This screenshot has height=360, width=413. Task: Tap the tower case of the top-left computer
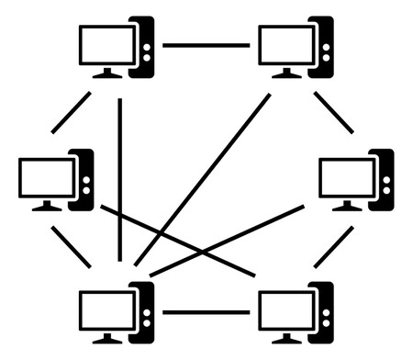(x=142, y=46)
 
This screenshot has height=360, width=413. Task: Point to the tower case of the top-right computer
(x=321, y=46)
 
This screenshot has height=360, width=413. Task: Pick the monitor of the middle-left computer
(x=46, y=178)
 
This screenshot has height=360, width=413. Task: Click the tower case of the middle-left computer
(x=82, y=178)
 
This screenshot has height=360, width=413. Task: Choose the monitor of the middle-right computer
(x=346, y=178)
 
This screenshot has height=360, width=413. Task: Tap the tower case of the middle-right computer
(x=382, y=178)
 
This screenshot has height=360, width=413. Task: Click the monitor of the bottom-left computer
(x=106, y=310)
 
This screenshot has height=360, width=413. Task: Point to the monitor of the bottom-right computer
(x=286, y=310)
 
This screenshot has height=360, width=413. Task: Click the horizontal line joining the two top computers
(x=206, y=45)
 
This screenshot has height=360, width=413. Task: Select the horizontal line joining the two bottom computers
(x=206, y=312)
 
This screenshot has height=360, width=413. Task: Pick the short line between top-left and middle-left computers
(x=72, y=112)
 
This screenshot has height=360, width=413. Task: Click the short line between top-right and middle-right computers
(x=333, y=112)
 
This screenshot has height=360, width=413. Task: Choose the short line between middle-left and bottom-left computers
(x=72, y=246)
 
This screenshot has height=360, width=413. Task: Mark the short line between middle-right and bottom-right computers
(x=333, y=246)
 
